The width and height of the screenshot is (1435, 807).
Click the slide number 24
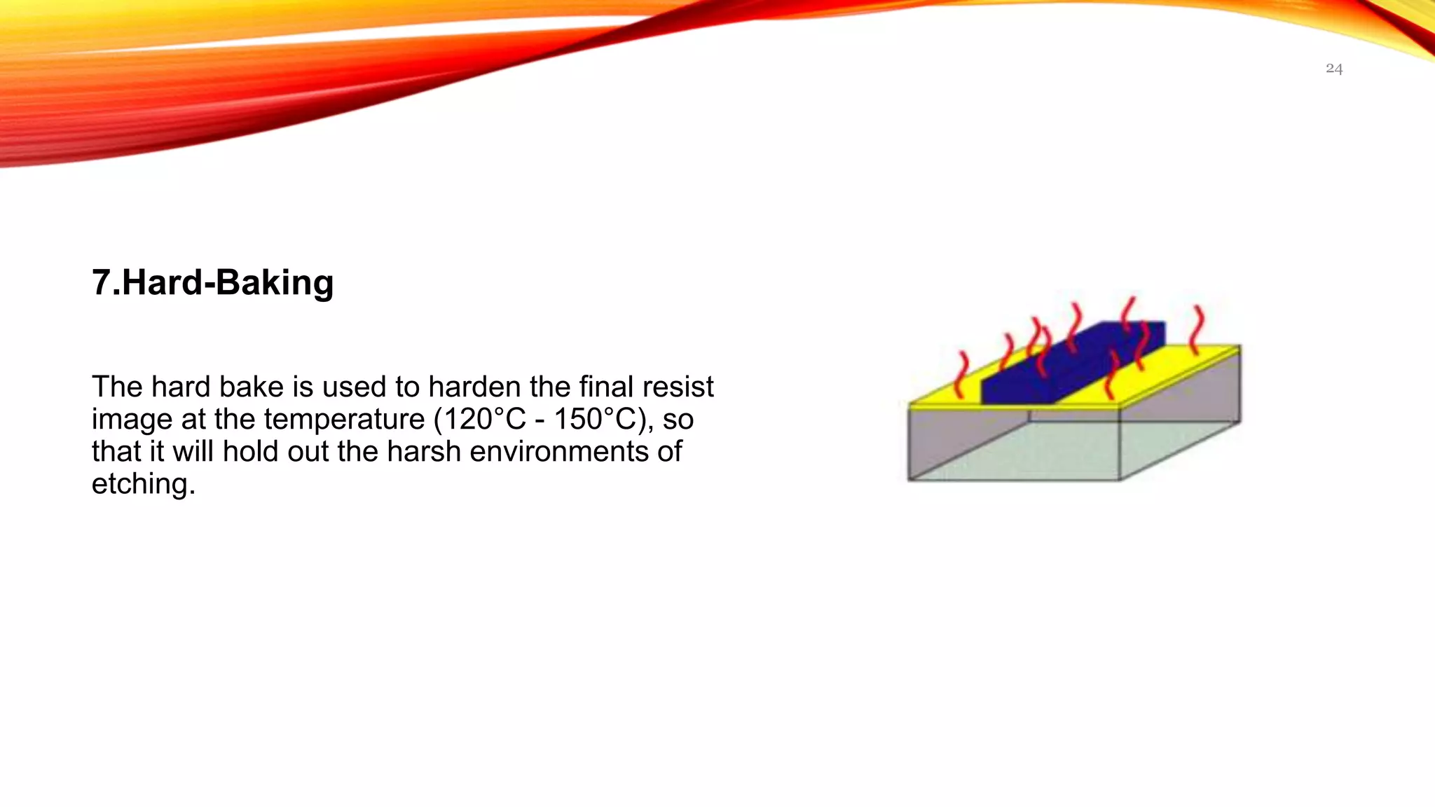point(1333,69)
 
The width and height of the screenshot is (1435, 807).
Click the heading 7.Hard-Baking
point(212,283)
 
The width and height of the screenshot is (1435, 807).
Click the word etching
point(143,484)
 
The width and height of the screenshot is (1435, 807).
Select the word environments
point(559,452)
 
